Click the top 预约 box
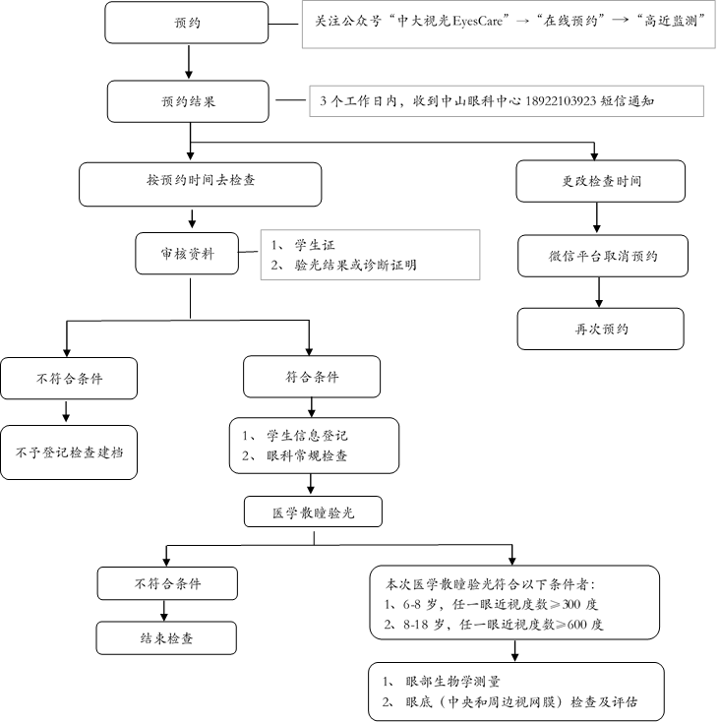[187, 23]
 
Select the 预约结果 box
[188, 101]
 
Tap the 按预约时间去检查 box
[201, 184]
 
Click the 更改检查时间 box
[600, 181]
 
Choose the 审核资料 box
[187, 253]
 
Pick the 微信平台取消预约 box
[603, 256]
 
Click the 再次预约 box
[600, 329]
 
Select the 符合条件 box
[312, 377]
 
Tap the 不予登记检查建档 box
[69, 452]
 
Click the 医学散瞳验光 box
[313, 511]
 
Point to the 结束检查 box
[166, 637]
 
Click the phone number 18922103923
[561, 101]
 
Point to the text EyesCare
[477, 22]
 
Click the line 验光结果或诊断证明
[355, 265]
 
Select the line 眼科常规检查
[307, 455]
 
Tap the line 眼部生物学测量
[452, 681]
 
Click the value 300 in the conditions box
[571, 604]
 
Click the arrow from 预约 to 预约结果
[188, 62]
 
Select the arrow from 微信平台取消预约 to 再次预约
[598, 292]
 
